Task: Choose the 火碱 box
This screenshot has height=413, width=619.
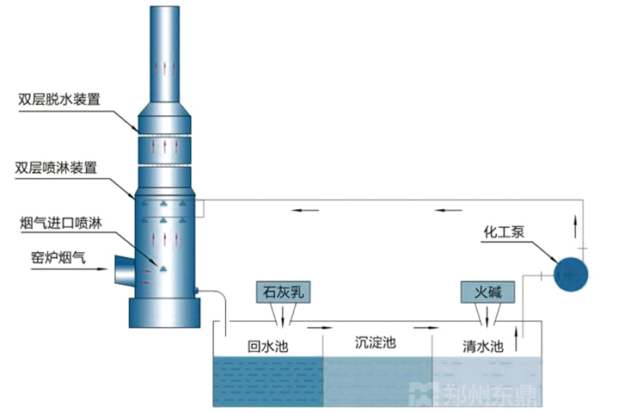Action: coord(487,293)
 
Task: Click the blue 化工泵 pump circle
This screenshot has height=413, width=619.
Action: coord(571,274)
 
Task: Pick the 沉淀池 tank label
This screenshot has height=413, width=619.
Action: coord(376,342)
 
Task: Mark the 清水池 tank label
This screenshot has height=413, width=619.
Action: coord(481,347)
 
